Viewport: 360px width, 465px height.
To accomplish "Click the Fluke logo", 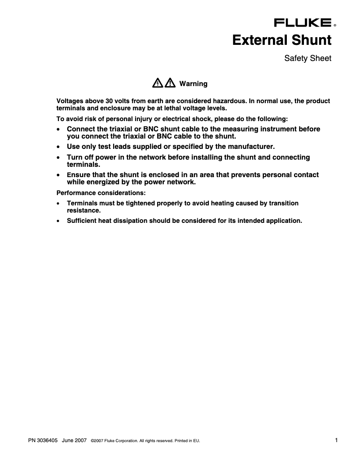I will pos(303,23).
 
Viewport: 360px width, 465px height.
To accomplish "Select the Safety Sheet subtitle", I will pos(308,58).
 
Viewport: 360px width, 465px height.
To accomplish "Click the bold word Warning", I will pos(193,84).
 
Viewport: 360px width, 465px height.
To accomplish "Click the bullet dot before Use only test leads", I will pos(58,147).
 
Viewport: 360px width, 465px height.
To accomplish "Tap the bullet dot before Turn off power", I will pos(58,158).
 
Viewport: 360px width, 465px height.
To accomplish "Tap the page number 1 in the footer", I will pos(336,440).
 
